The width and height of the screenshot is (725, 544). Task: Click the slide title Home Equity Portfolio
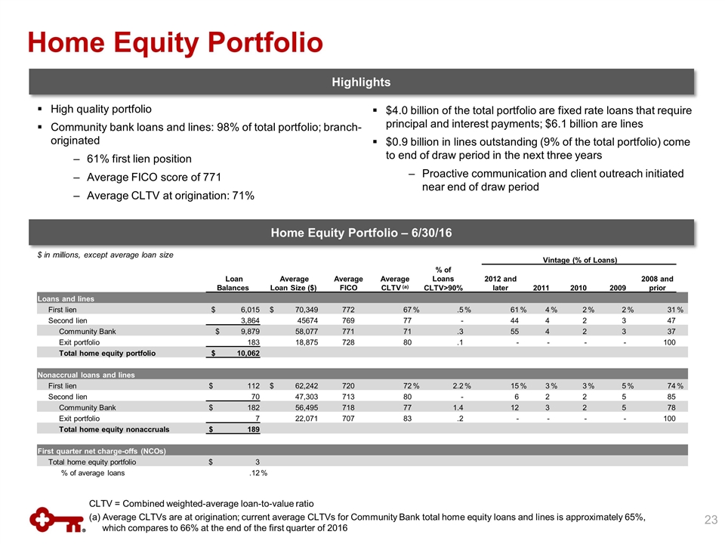pyautogui.click(x=175, y=42)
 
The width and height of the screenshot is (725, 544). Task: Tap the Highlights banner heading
pyautogui.click(x=364, y=82)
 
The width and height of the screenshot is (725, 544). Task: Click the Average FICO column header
pyautogui.click(x=349, y=283)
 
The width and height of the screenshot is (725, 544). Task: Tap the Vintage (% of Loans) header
pyautogui.click(x=580, y=260)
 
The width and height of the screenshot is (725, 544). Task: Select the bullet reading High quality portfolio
pyautogui.click(x=101, y=109)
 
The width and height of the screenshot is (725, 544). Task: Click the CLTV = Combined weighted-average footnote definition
pyautogui.click(x=201, y=503)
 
